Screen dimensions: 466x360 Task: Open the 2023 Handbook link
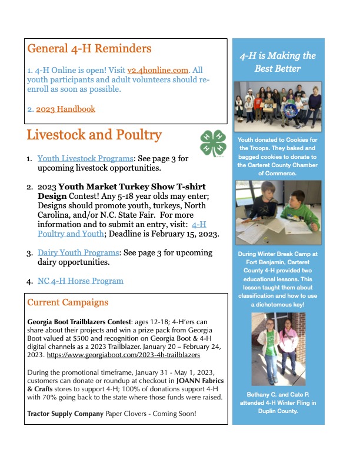click(x=65, y=109)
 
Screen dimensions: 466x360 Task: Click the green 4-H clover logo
click(x=212, y=143)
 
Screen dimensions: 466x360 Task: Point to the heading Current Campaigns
click(x=68, y=303)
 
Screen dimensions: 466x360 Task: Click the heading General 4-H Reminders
click(x=89, y=48)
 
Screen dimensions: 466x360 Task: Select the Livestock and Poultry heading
click(x=94, y=135)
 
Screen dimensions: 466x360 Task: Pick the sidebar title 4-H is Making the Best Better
click(x=278, y=62)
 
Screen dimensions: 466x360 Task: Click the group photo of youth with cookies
click(x=278, y=106)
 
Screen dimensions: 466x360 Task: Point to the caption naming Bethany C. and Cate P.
click(x=278, y=403)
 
